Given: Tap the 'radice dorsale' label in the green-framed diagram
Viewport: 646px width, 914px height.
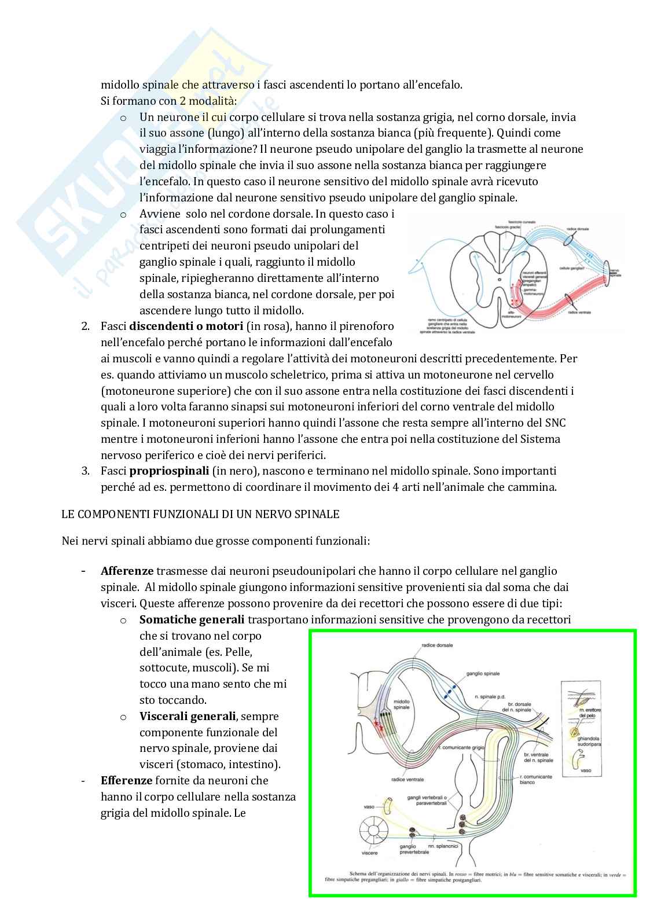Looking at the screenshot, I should click(437, 645).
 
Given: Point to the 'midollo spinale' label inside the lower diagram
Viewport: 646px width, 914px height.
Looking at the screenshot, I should click(401, 704).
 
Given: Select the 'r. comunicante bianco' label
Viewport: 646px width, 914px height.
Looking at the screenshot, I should click(535, 779).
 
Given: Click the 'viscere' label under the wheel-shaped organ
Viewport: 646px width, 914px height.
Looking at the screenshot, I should click(369, 853).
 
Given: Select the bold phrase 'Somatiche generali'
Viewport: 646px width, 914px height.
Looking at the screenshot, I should click(192, 619).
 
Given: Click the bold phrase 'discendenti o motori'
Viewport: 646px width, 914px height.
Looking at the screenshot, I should click(185, 326).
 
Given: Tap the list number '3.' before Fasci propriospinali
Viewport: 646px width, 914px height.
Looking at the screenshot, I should click(86, 471).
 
